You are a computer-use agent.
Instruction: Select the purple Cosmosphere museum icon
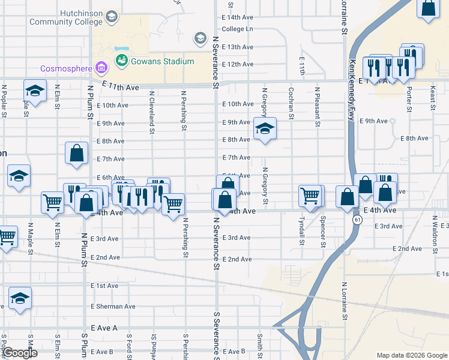pos(101,67)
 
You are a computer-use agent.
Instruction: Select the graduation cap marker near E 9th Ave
pos(264,128)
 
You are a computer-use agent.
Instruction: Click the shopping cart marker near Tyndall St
pos(310,196)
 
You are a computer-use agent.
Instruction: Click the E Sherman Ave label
pos(113,307)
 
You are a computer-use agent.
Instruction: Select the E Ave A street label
pos(104,328)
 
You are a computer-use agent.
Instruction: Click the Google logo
pos(19,353)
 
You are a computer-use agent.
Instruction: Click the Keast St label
pos(432,98)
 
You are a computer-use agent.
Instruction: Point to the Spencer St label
pos(323,232)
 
